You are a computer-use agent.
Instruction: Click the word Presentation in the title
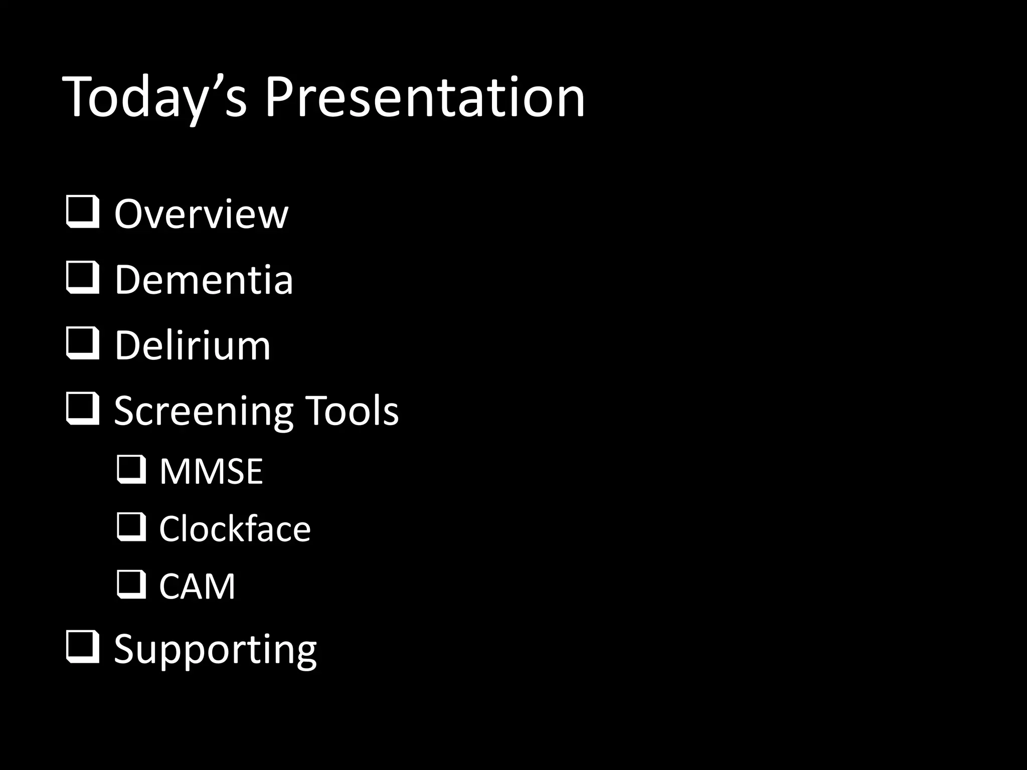424,98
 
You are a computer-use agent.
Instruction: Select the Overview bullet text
201,214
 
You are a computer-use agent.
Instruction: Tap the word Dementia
204,280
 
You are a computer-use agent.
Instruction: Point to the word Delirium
193,345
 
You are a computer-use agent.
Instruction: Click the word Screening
203,411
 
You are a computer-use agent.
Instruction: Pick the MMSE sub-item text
211,472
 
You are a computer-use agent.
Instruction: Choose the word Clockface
235,529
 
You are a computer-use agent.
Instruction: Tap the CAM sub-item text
197,586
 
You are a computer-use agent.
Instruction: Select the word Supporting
215,649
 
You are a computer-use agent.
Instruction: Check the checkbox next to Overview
82,213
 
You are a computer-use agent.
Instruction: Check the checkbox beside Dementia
82,279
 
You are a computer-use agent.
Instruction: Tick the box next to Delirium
82,344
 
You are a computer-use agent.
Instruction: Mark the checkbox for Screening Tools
82,410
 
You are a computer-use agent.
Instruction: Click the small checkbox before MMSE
131,470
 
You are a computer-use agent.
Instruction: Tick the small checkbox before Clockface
131,527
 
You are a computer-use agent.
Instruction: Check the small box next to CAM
131,585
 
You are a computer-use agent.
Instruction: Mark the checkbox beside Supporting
82,648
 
